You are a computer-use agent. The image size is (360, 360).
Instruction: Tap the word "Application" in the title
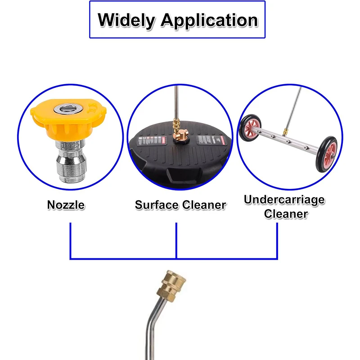tap(209, 21)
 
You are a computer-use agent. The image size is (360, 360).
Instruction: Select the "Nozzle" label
tap(66, 205)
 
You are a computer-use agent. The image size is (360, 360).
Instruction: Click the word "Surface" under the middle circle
tap(156, 205)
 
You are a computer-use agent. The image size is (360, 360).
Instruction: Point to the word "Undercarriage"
tap(284, 200)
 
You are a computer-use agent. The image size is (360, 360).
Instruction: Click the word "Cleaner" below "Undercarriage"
tap(285, 214)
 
